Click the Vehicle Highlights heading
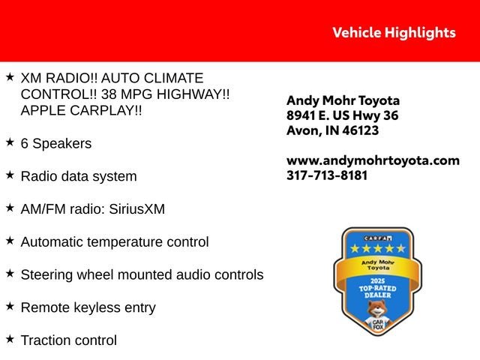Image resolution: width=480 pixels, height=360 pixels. [394, 33]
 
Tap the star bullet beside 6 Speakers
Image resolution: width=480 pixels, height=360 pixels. [10, 142]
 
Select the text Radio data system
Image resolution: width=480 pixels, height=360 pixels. [79, 176]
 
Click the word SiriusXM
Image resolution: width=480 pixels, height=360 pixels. [136, 209]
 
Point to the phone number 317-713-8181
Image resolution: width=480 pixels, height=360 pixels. [327, 175]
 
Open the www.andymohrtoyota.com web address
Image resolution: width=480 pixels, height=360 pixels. [373, 160]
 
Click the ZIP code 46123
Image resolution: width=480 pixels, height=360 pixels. [360, 130]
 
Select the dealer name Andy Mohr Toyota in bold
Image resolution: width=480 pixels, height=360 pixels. [343, 100]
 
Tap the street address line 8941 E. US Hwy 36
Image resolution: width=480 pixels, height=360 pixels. [343, 115]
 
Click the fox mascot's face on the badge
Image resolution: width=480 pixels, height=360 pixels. [377, 308]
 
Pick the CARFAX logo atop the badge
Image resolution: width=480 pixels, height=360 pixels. [378, 238]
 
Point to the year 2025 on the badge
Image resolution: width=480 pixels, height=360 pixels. [377, 281]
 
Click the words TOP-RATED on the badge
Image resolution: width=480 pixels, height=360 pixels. [378, 288]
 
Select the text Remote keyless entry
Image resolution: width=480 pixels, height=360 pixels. [88, 307]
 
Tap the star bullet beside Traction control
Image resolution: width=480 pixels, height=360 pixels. [10, 339]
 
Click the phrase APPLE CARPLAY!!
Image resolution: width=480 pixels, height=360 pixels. [82, 110]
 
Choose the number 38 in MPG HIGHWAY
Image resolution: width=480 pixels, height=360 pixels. [109, 94]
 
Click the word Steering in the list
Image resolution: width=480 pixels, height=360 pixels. [46, 275]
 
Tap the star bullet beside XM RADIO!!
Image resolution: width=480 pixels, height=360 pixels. [10, 76]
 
